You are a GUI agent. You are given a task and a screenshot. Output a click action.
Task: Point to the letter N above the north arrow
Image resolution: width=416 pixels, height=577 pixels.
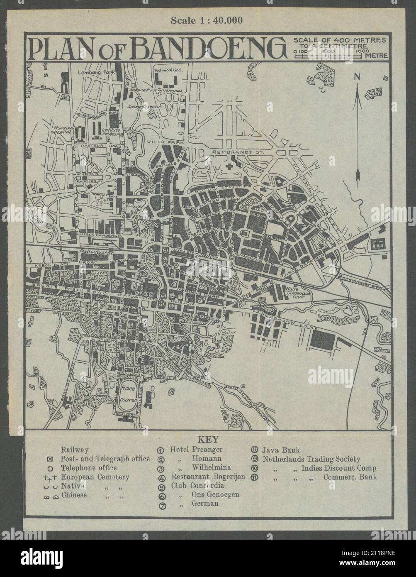357,76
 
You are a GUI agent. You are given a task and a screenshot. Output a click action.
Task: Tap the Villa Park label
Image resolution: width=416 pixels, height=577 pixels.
160,142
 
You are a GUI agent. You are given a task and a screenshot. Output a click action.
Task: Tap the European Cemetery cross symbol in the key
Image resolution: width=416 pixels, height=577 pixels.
54,477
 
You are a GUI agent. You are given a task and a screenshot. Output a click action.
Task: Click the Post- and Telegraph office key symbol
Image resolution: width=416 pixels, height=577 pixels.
54,459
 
